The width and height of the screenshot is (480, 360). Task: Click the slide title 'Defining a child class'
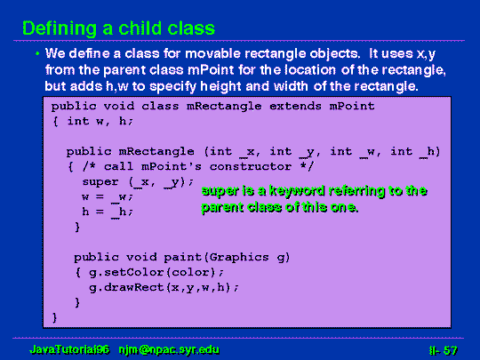(x=119, y=28)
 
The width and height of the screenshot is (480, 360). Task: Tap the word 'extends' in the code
(x=295, y=106)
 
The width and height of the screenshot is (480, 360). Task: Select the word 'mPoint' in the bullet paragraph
(x=211, y=70)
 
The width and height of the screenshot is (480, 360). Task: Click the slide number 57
(x=450, y=350)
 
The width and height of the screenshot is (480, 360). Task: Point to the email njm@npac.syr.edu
(x=169, y=349)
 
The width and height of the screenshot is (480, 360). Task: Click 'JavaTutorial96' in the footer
(x=69, y=349)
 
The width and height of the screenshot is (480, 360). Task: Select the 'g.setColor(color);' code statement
(x=156, y=273)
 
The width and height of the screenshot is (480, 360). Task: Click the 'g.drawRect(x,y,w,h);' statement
(x=164, y=287)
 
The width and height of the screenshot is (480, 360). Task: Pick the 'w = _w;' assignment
(x=108, y=196)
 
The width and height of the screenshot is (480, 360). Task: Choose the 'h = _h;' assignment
(x=108, y=212)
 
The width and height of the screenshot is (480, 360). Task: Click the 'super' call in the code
(x=100, y=182)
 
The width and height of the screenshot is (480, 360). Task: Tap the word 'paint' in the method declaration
(x=182, y=257)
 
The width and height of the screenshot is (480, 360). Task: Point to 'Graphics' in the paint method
(x=239, y=257)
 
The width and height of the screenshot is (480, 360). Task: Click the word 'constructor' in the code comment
(x=251, y=166)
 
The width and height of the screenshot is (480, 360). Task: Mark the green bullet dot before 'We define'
(x=37, y=54)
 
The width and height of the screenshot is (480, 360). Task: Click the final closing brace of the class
(x=55, y=317)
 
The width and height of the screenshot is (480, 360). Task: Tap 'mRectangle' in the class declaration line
(x=224, y=106)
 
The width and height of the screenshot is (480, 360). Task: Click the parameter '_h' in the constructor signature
(x=427, y=152)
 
